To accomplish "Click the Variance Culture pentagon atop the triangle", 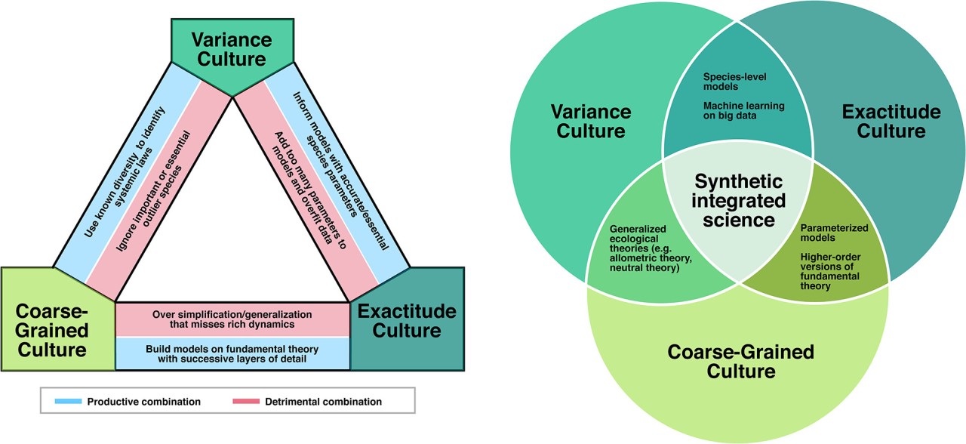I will click(232, 49).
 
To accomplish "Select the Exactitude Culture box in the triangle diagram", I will click(407, 321).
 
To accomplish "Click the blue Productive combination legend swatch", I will click(69, 402).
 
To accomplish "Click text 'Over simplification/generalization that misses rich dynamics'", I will click(232, 319).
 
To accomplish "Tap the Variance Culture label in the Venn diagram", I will click(590, 122).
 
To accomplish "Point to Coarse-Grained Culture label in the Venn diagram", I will click(740, 361).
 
